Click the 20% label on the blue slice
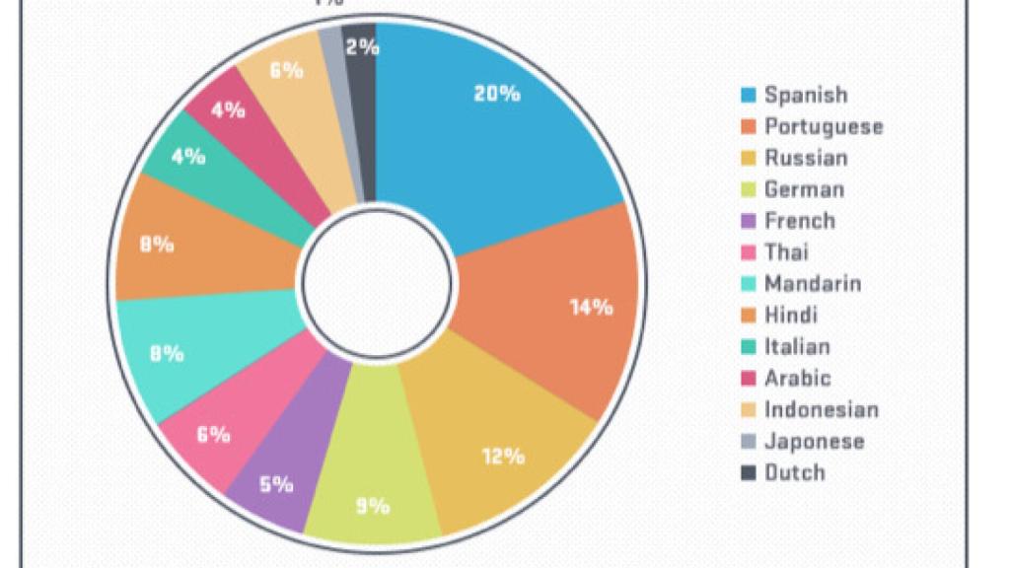point(496,94)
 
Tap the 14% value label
point(591,307)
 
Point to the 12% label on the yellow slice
point(503,457)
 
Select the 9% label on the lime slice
point(373,506)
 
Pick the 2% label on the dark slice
point(362,46)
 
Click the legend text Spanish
point(806,95)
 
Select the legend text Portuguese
point(824,126)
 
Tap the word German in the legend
point(804,189)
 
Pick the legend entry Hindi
point(790,316)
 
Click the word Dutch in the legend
point(794,472)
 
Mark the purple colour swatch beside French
point(749,221)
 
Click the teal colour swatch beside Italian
point(749,347)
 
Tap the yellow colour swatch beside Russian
point(749,158)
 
